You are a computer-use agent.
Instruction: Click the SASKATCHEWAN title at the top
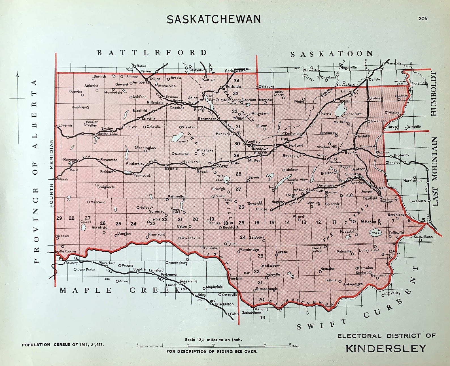tap(214, 19)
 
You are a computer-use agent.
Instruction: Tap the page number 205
tap(423, 18)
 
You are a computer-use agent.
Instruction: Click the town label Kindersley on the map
tap(135, 164)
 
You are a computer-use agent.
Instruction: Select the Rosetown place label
tap(260, 149)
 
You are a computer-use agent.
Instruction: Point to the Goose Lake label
tap(353, 114)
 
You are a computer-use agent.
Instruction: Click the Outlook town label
tap(383, 152)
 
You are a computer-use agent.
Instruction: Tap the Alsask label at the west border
tap(63, 179)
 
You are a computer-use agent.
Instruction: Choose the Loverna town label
tap(65, 125)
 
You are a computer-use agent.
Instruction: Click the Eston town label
tap(182, 226)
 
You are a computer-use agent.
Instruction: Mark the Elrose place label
tap(261, 209)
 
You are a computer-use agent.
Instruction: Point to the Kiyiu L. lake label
tap(184, 141)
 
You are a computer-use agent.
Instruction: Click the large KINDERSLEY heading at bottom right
tap(386, 348)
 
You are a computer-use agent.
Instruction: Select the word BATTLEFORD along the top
tap(152, 53)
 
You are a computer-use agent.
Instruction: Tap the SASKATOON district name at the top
tap(332, 54)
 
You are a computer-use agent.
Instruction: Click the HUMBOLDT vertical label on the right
tap(434, 94)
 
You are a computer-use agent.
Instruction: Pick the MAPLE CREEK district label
tap(120, 290)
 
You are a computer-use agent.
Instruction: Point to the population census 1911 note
tap(63, 345)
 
